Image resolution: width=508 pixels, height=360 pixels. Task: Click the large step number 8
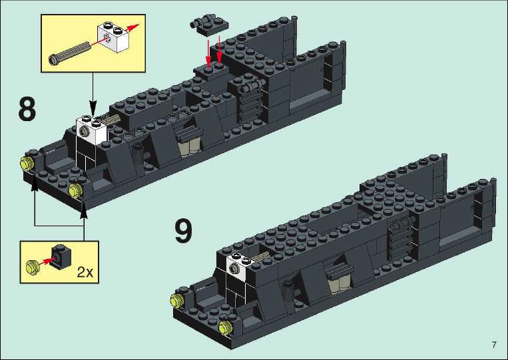(x=27, y=110)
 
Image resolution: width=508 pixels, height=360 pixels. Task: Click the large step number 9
(x=183, y=231)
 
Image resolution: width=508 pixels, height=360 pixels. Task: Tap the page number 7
(x=494, y=345)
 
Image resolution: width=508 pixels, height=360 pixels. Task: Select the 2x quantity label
(x=85, y=272)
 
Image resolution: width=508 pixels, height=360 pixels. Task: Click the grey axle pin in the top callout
(x=70, y=53)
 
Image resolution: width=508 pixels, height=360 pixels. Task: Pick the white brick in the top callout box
(x=113, y=36)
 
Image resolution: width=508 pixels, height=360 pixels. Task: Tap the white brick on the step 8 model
(x=91, y=130)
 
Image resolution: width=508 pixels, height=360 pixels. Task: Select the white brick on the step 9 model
(x=240, y=264)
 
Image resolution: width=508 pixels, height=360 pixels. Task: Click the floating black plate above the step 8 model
(x=209, y=25)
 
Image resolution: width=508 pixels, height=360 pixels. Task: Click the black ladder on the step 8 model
(x=250, y=100)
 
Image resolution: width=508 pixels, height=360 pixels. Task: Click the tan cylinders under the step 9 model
(x=339, y=283)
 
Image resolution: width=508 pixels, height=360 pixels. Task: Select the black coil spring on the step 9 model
(x=288, y=289)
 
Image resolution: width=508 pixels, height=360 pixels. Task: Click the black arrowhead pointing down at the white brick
(x=93, y=107)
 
